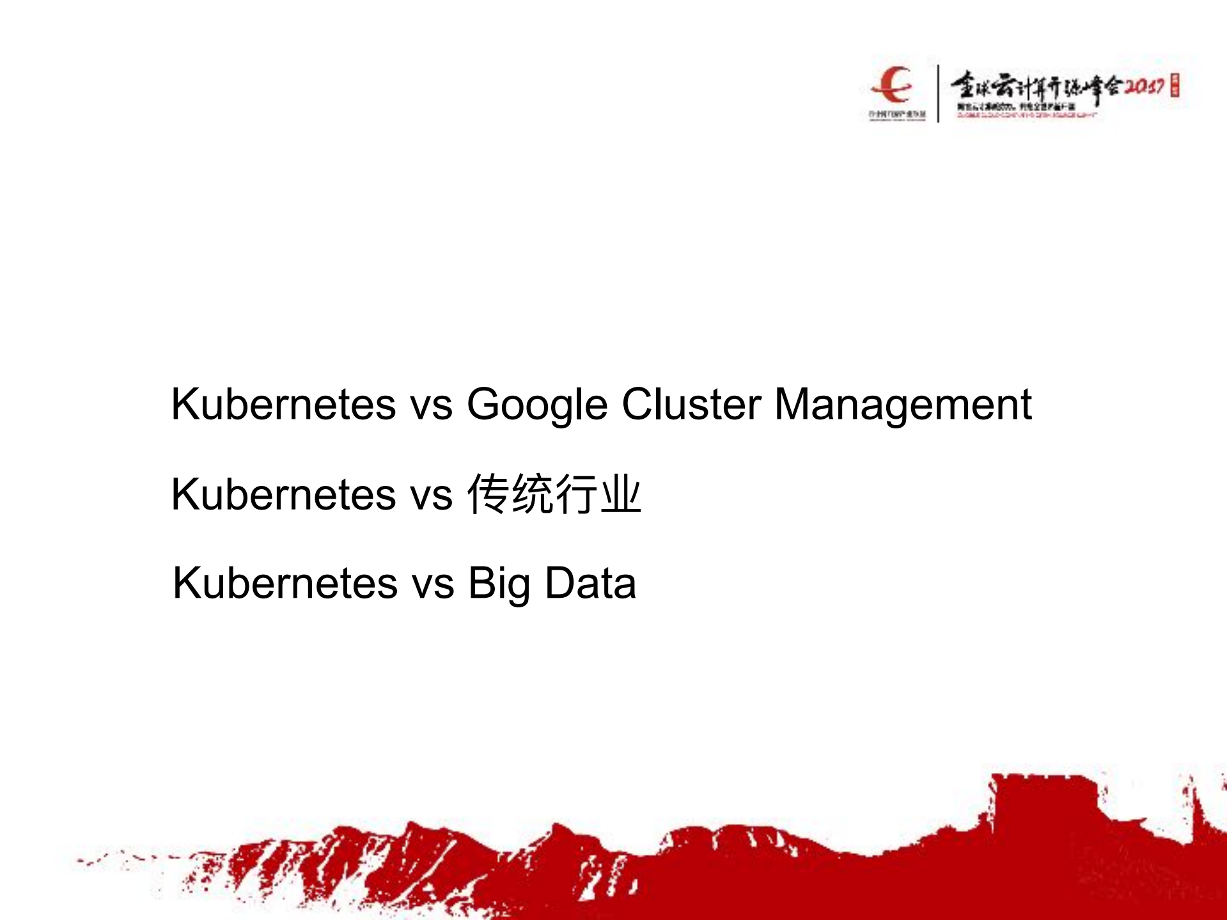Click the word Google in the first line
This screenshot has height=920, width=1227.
pyautogui.click(x=536, y=405)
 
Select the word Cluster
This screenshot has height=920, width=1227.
pyautogui.click(x=691, y=404)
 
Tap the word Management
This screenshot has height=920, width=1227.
pyautogui.click(x=903, y=405)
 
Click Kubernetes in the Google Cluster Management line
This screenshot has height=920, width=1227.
pyautogui.click(x=283, y=404)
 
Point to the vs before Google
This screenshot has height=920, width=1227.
pyautogui.click(x=431, y=405)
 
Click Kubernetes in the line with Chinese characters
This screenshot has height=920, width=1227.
pyautogui.click(x=283, y=494)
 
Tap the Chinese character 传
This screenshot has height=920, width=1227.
pyautogui.click(x=488, y=494)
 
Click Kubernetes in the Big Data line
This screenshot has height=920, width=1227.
pyautogui.click(x=285, y=583)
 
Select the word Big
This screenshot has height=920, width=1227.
pyautogui.click(x=499, y=584)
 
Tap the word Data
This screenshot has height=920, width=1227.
pyautogui.click(x=590, y=583)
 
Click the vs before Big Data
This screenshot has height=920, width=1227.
pyautogui.click(x=433, y=584)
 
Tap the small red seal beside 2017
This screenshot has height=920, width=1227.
pyautogui.click(x=1175, y=86)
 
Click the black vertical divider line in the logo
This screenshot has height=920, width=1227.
pyautogui.click(x=938, y=93)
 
